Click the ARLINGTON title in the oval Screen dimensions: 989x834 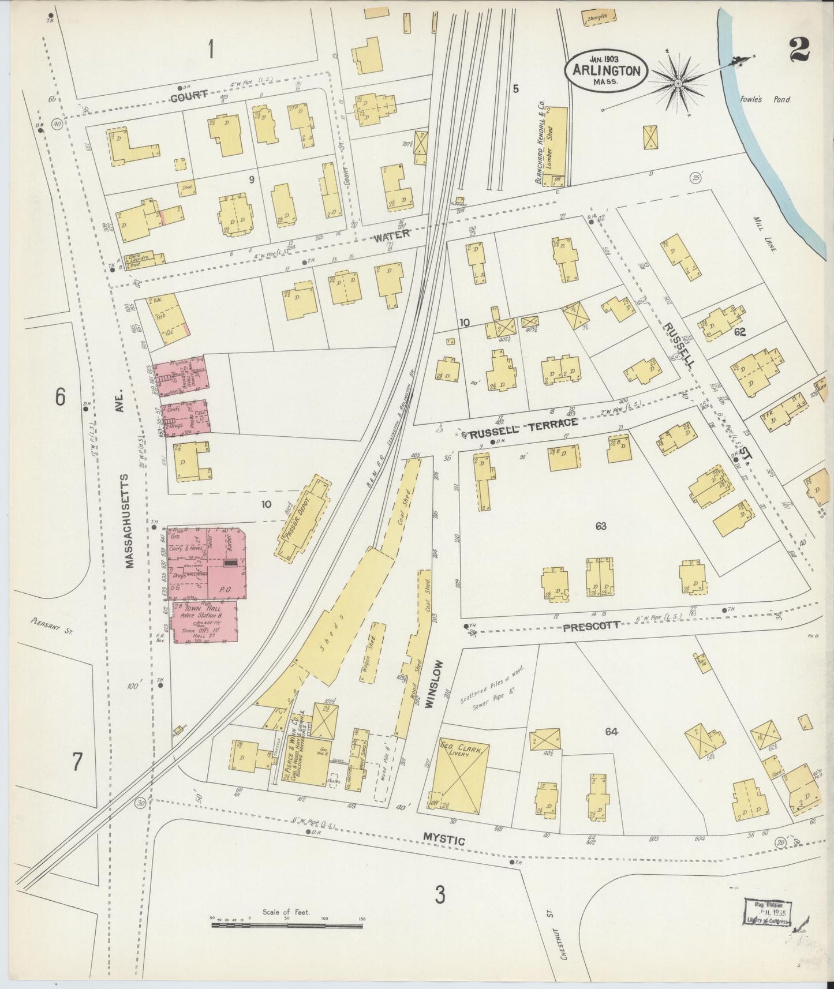click(x=606, y=71)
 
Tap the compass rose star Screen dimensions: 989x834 click(x=678, y=85)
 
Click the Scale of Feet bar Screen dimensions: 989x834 click(x=287, y=925)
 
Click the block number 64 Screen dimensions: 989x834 click(x=612, y=732)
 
